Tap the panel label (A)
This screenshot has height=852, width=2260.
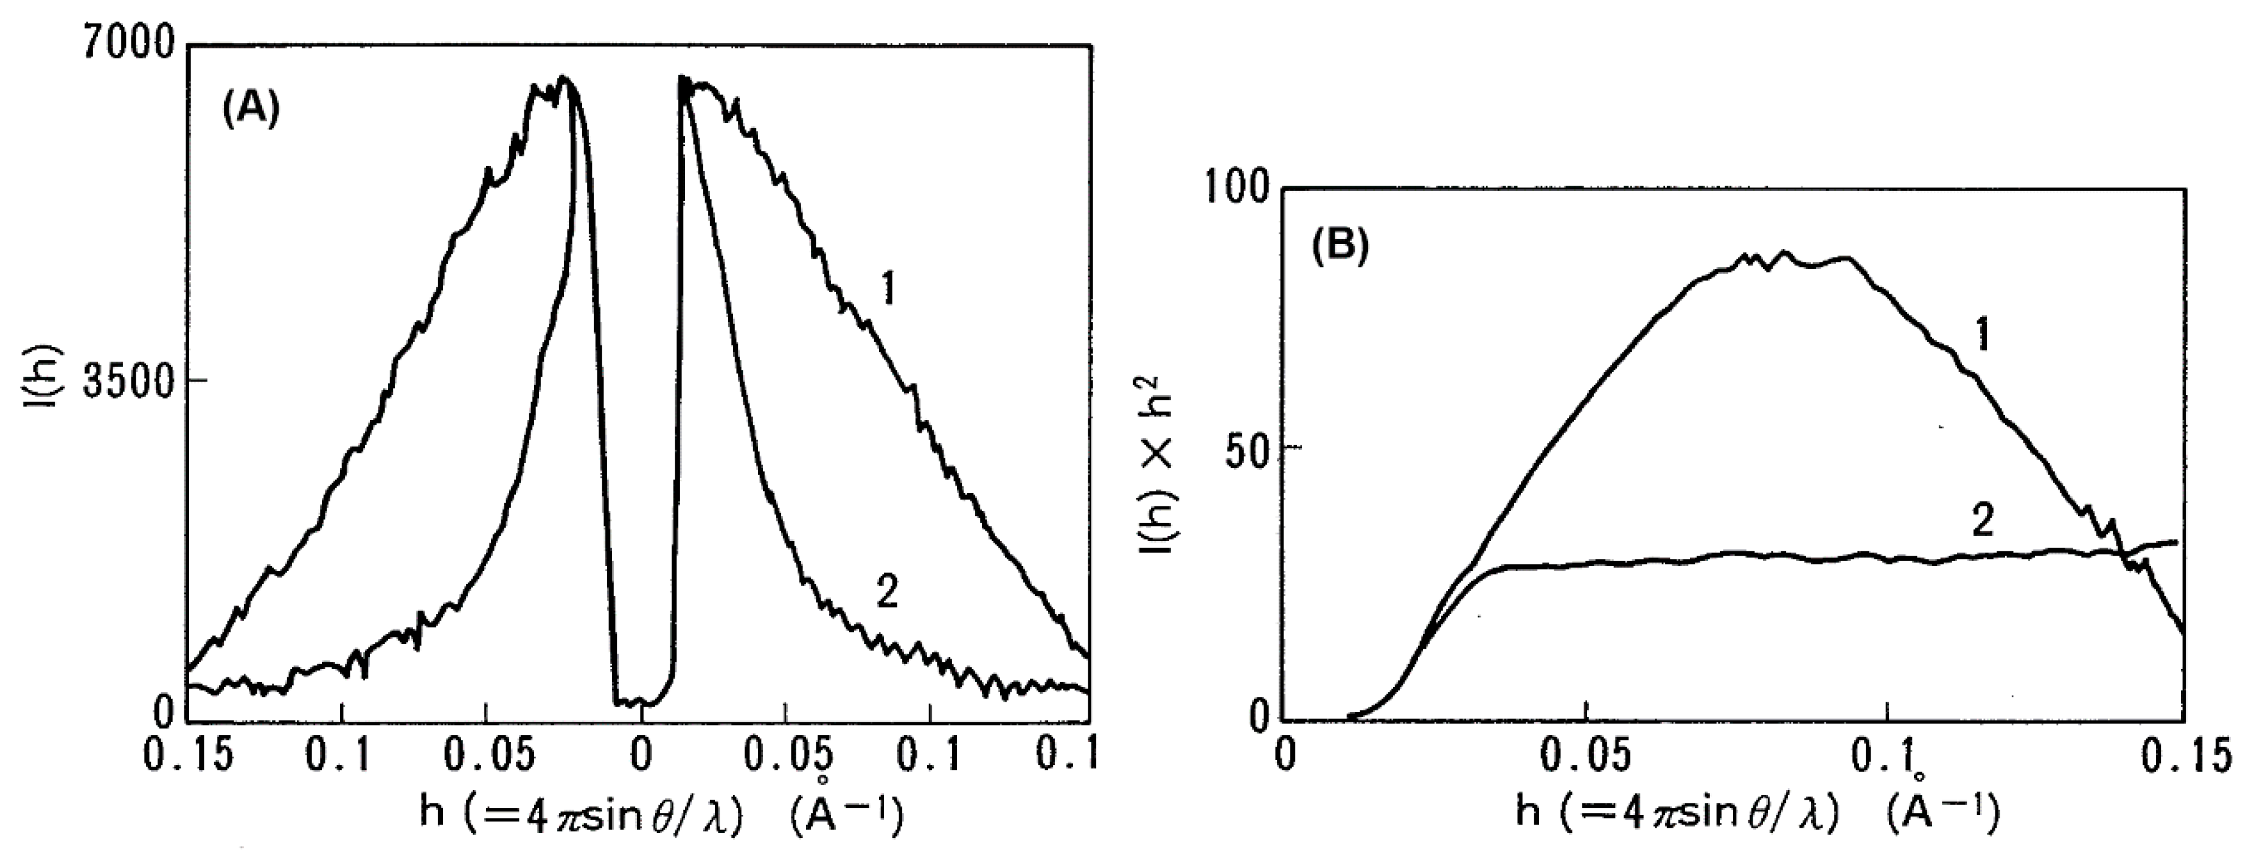pos(250,111)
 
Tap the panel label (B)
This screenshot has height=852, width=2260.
pos(1340,248)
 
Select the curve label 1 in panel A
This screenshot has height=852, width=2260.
pos(889,288)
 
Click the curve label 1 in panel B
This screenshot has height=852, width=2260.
pos(1980,335)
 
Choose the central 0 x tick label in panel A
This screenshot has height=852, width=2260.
pos(642,755)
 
